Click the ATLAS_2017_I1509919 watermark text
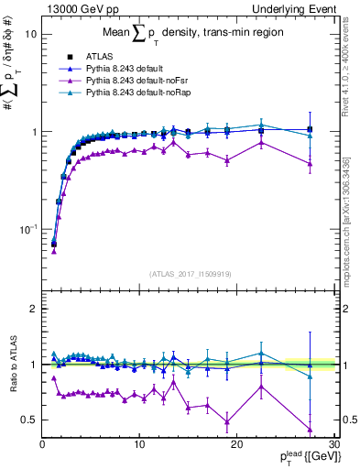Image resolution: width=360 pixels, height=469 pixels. tap(190, 273)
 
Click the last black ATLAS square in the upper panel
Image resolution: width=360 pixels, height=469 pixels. tap(310, 129)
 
